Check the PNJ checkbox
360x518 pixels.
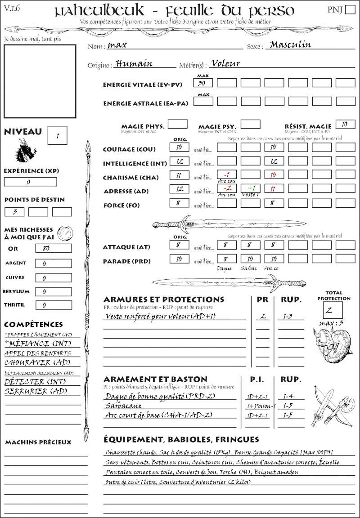[349, 10]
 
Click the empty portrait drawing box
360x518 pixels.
[40, 81]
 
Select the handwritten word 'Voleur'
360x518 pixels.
[225, 64]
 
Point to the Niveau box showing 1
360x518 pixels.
[58, 135]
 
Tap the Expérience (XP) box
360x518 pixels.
[30, 182]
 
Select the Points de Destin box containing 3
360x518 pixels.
[14, 212]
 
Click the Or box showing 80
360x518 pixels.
[53, 249]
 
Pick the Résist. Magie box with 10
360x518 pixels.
[345, 124]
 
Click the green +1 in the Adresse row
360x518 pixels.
[251, 188]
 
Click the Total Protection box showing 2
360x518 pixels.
[333, 310]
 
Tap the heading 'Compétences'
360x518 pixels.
[33, 325]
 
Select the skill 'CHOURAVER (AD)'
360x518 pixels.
[31, 362]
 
